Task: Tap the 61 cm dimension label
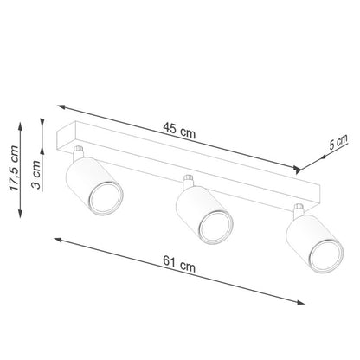point(181,267)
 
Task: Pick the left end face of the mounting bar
point(60,139)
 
